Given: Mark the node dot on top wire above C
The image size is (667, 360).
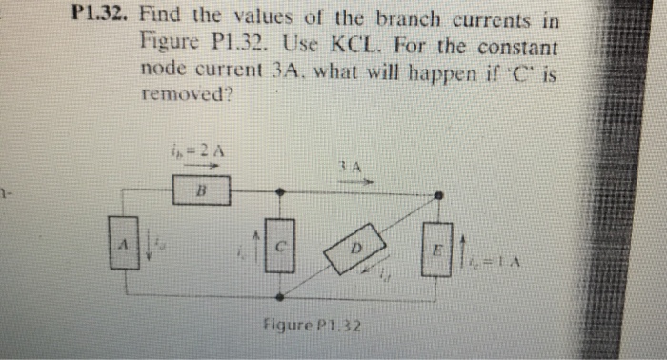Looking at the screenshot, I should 279,191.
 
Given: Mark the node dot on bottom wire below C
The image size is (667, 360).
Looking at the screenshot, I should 279,296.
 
